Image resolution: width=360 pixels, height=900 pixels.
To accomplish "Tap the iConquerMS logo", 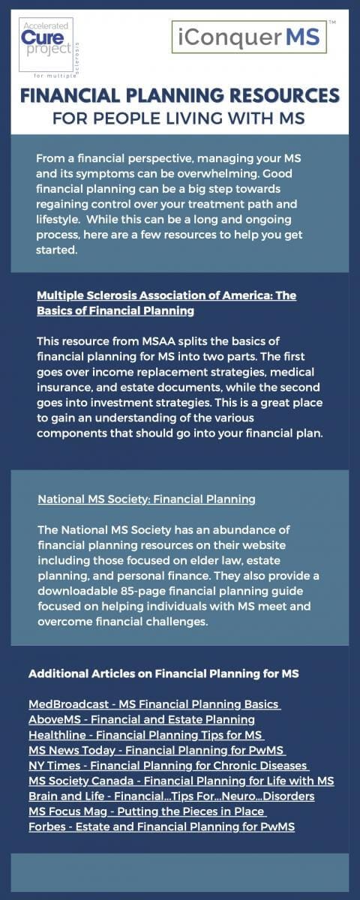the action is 248,37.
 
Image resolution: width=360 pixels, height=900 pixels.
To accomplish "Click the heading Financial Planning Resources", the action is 180,96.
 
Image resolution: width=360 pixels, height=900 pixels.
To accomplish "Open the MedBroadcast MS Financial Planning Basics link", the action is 154,704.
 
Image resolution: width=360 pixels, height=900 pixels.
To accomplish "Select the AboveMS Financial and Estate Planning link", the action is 142,719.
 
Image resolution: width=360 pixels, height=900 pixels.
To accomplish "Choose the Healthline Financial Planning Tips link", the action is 146,734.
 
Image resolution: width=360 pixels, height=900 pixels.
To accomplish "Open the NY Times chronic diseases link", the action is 169,765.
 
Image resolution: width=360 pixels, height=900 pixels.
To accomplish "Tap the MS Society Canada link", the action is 181,781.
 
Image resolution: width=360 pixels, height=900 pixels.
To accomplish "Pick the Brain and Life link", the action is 171,796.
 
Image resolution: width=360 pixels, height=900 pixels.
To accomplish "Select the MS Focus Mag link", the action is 146,811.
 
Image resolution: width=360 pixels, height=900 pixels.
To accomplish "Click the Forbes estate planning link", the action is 161,826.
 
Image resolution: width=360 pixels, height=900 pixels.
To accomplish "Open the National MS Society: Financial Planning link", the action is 146,499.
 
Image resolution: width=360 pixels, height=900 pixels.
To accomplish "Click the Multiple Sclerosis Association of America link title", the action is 166,302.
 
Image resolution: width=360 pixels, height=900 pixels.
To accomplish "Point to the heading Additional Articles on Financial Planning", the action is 163,673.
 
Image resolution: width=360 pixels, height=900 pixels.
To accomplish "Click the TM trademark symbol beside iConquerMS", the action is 332,23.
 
